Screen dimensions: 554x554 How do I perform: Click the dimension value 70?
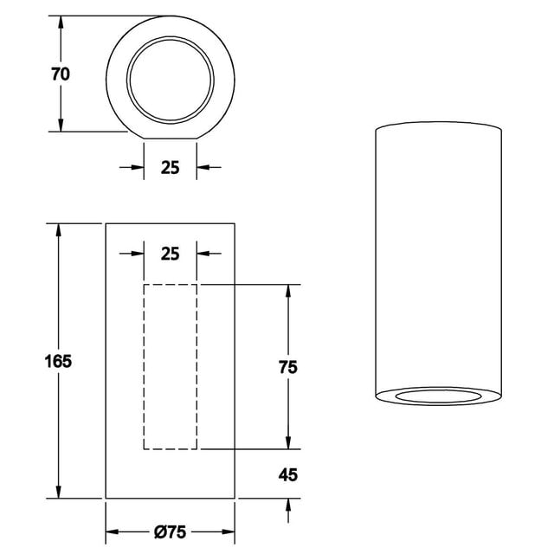pos(60,74)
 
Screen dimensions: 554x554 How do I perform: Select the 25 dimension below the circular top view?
pos(170,167)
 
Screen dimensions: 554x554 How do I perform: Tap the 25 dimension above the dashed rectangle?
pos(170,254)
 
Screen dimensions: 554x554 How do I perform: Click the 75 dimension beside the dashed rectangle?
pos(288,367)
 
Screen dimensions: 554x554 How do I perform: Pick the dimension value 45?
pos(288,474)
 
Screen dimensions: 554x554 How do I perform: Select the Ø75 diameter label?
pos(171,531)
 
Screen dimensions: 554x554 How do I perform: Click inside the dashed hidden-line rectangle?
pos(170,367)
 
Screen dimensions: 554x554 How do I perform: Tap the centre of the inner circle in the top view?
pos(170,74)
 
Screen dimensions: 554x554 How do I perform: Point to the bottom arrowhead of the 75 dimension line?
pos(288,443)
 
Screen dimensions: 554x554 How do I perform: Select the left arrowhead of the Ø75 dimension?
pos(112,531)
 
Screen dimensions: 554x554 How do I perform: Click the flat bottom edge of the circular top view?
pos(170,138)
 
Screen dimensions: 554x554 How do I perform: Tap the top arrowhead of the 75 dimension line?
pos(288,291)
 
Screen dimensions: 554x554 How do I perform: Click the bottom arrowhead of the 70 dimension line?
pos(61,126)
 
